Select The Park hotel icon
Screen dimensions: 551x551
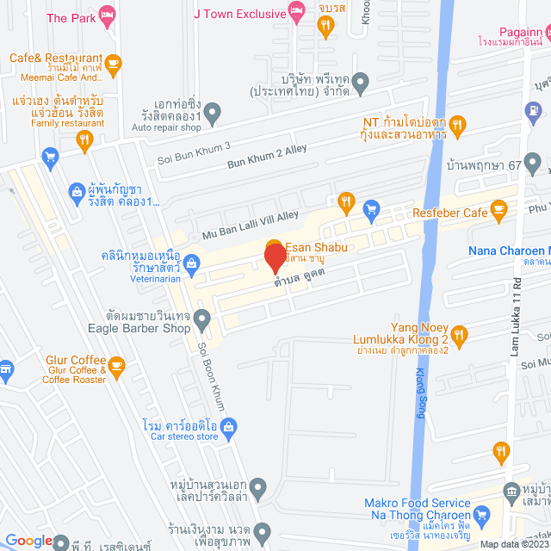[x=107, y=15]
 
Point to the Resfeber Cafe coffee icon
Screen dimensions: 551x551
[x=498, y=211]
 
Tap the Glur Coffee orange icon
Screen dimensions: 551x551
[x=117, y=368]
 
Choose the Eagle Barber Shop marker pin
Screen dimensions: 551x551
[x=202, y=321]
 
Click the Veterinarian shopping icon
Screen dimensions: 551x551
[x=193, y=263]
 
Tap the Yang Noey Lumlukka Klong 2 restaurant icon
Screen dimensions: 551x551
[x=459, y=336]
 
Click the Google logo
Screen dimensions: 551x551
[x=29, y=541]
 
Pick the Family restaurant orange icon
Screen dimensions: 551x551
[x=84, y=143]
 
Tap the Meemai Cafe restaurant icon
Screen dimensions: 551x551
[x=113, y=62]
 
